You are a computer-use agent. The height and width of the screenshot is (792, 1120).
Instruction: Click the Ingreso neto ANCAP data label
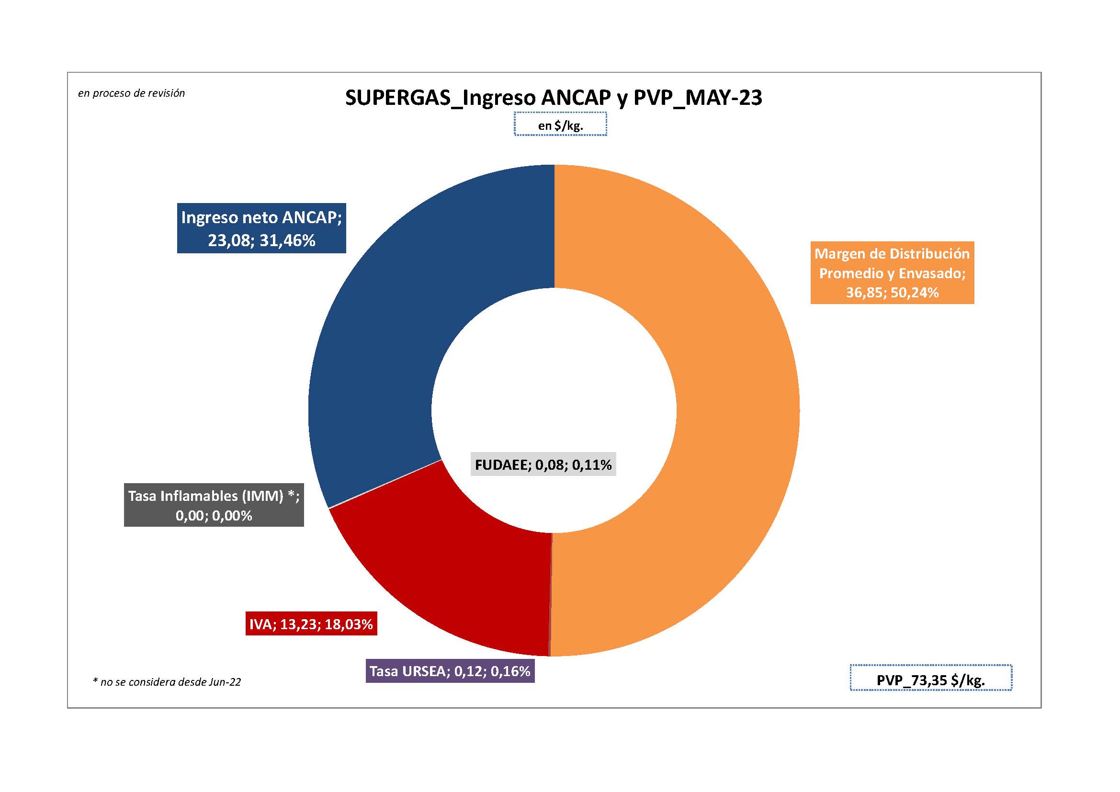[261, 228]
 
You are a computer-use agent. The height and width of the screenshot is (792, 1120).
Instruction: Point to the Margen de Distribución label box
[892, 272]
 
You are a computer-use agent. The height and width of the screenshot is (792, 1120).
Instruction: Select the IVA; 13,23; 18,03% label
[311, 624]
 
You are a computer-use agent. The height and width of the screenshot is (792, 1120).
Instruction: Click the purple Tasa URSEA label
[450, 671]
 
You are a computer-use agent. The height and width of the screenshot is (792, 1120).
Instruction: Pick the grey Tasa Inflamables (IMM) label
[214, 505]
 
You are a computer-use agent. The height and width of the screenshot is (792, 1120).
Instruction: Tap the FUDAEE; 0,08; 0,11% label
[543, 465]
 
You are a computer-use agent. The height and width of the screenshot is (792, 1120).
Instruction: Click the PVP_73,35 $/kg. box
[931, 680]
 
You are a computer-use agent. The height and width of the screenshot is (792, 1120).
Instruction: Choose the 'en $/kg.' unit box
[561, 125]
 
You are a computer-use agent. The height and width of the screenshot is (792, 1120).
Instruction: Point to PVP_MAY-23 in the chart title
[698, 98]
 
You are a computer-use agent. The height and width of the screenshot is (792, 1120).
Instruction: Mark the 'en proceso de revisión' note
[132, 93]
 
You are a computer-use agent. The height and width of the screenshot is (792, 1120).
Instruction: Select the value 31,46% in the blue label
[287, 240]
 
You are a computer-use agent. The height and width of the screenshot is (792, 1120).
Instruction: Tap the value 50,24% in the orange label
[915, 293]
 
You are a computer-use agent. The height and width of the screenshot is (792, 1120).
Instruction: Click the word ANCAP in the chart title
[576, 98]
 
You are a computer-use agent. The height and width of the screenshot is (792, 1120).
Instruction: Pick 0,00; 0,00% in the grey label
[214, 516]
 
